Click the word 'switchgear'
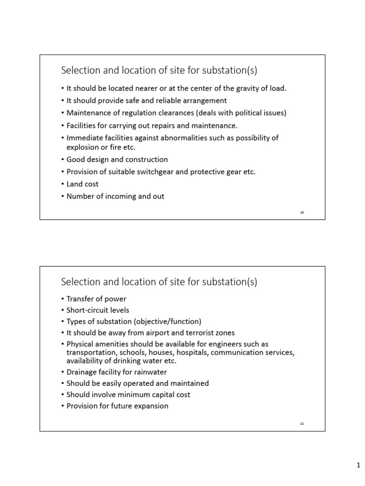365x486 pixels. [x=154, y=172]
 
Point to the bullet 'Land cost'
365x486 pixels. [x=83, y=184]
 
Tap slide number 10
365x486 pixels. [x=302, y=213]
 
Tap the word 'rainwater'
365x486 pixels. [x=151, y=372]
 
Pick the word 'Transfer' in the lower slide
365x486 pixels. [x=80, y=299]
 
